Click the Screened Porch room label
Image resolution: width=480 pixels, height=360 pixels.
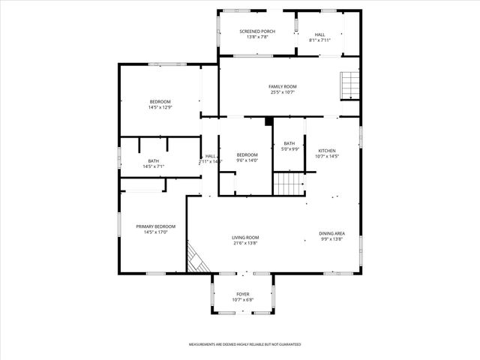coord(257,31)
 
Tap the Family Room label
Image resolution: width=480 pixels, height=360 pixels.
coord(283,86)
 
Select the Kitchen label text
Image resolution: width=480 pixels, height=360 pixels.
coord(328,150)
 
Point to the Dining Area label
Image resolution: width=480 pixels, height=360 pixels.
coord(331,233)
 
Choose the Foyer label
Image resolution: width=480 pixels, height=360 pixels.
coord(243,294)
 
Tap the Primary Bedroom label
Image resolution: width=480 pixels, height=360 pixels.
coord(155,226)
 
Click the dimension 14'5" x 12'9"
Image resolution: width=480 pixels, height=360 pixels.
coord(160,108)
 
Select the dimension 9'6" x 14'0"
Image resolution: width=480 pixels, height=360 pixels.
coord(247,160)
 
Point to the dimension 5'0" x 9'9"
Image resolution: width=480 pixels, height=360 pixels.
coord(289,149)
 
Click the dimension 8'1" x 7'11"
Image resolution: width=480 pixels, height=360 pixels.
coord(319,40)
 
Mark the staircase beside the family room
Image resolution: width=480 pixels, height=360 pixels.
coord(350,85)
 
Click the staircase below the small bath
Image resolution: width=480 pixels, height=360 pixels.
coord(289,183)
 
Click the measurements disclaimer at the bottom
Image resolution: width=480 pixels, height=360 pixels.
coord(244,344)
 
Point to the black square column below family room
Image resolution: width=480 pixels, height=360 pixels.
coord(268,120)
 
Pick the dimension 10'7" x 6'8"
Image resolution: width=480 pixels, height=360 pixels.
coord(243,300)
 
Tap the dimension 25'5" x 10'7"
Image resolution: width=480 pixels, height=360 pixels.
coord(283,92)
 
